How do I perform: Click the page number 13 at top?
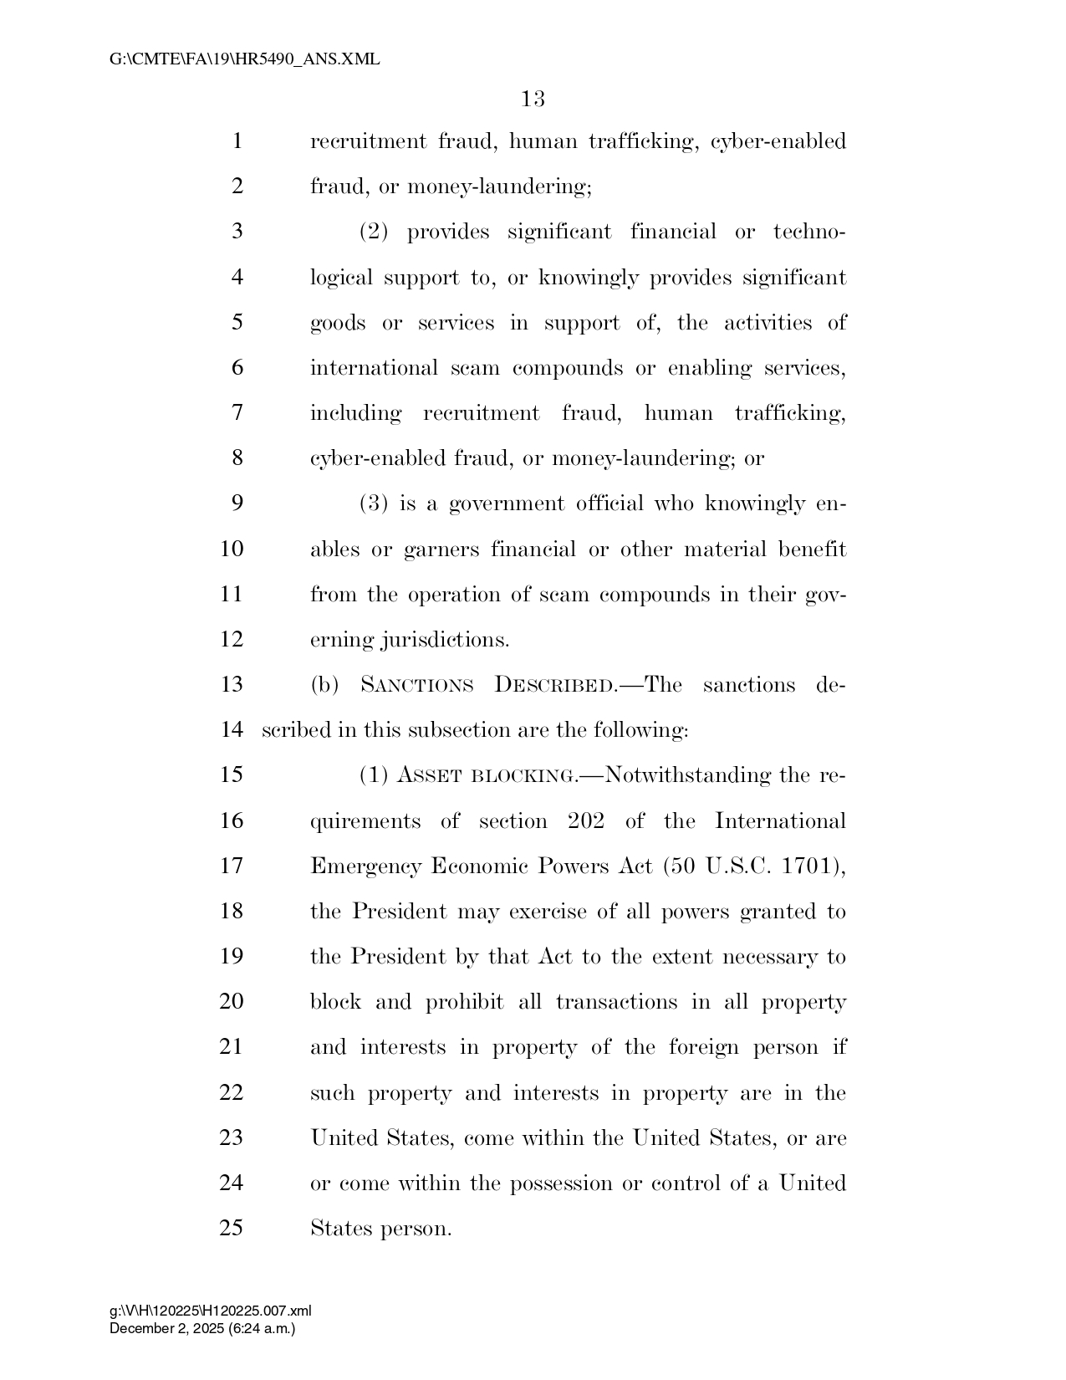coord(533,100)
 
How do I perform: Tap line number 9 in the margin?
coord(237,503)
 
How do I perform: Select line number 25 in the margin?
coord(232,1228)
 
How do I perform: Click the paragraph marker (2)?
coord(374,232)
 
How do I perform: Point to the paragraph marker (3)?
coord(374,503)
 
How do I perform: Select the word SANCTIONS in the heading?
coord(417,685)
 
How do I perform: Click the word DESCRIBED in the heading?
coord(552,685)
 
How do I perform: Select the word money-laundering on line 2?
coord(498,187)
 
